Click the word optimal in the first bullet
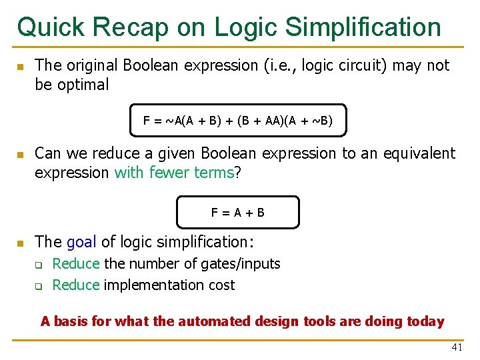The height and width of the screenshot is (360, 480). click(x=82, y=85)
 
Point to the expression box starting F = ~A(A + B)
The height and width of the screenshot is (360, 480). click(x=238, y=121)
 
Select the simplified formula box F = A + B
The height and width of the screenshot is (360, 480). click(x=238, y=213)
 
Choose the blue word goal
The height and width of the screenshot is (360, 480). click(x=81, y=242)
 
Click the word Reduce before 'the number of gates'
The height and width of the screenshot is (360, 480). click(x=75, y=264)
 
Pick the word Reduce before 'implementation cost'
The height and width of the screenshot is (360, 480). click(x=75, y=285)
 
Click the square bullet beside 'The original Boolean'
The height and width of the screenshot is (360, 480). click(x=21, y=67)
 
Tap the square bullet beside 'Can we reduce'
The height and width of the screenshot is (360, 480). click(x=21, y=155)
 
